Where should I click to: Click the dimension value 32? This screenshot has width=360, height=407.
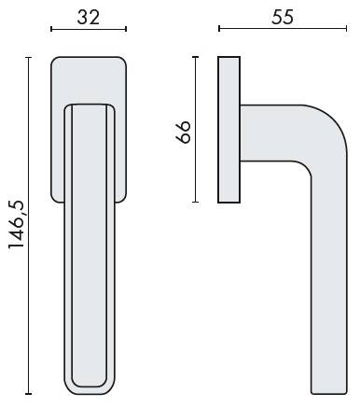(x=89, y=18)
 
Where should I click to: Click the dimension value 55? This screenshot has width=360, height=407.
(x=283, y=18)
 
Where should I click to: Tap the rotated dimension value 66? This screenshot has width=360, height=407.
(x=183, y=132)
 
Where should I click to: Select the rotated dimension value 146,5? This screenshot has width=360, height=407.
(x=16, y=224)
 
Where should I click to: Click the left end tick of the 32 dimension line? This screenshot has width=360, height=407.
(x=51, y=29)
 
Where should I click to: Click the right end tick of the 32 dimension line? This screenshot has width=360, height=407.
(x=126, y=29)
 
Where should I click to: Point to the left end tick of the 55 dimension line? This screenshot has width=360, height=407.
(x=219, y=29)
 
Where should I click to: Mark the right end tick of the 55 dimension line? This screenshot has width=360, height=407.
(x=346, y=29)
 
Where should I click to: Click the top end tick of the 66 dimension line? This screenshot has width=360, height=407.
(x=195, y=57)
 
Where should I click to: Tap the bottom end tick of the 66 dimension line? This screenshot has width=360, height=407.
(x=195, y=202)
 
